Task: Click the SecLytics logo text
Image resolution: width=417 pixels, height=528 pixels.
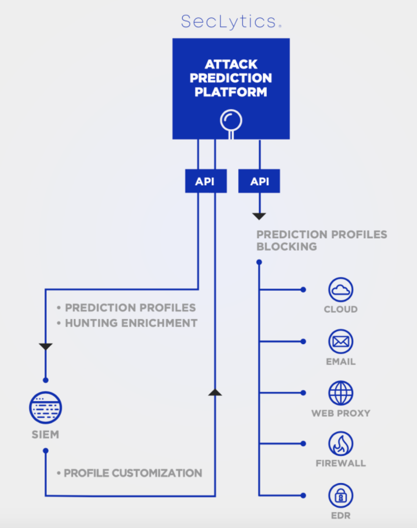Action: click(x=231, y=22)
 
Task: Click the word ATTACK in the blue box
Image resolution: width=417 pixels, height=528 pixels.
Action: click(x=231, y=64)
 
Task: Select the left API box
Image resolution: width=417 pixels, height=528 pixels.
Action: click(x=206, y=181)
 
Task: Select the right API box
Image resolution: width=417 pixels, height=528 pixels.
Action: click(x=259, y=181)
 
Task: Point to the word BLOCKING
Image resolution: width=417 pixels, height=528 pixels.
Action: click(x=287, y=247)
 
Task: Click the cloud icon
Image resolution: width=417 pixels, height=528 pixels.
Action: click(x=341, y=289)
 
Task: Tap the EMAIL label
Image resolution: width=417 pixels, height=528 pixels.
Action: click(x=341, y=361)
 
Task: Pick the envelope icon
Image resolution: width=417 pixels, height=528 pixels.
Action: click(x=341, y=341)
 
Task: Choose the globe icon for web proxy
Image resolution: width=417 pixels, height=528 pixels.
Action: click(x=341, y=393)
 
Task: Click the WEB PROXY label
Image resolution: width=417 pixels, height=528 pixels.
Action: click(x=341, y=413)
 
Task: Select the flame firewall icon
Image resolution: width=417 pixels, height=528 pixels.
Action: click(x=341, y=443)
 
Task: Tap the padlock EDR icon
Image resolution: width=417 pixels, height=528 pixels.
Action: click(x=341, y=495)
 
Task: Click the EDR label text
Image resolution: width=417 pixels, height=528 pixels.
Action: click(x=341, y=516)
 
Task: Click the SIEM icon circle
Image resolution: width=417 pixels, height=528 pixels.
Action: click(x=45, y=408)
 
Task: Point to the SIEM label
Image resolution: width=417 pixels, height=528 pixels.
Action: click(x=45, y=435)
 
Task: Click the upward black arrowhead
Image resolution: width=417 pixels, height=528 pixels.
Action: click(x=215, y=392)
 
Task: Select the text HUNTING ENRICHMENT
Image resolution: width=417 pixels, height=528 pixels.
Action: click(x=131, y=323)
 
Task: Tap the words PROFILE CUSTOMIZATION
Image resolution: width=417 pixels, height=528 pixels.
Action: click(x=133, y=473)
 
